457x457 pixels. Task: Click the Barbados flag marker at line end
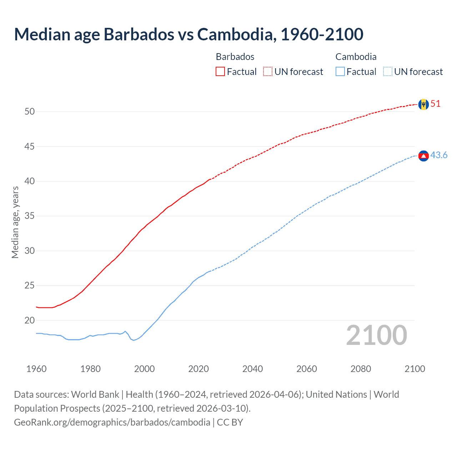point(423,104)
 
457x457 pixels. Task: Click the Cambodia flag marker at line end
point(423,156)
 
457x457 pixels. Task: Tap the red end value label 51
point(436,104)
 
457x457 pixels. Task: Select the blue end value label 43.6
point(439,155)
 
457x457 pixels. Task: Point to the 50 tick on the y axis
point(30,111)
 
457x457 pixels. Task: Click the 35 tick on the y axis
point(30,216)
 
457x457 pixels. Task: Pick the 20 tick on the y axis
point(30,320)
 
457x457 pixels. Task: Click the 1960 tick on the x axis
point(36,369)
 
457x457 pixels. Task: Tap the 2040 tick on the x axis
point(252,369)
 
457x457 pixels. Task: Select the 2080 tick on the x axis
point(361,369)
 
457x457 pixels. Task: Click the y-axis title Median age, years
point(15,222)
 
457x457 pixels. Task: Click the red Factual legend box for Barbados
point(220,72)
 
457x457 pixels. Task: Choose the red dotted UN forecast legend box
point(268,72)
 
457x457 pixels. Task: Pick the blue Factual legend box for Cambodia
point(340,72)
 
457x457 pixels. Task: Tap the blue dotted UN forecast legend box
point(387,72)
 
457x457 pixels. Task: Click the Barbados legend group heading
point(235,57)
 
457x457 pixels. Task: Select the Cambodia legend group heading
point(356,57)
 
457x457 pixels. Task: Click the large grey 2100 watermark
point(376,335)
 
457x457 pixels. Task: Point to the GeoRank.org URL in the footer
point(112,422)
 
